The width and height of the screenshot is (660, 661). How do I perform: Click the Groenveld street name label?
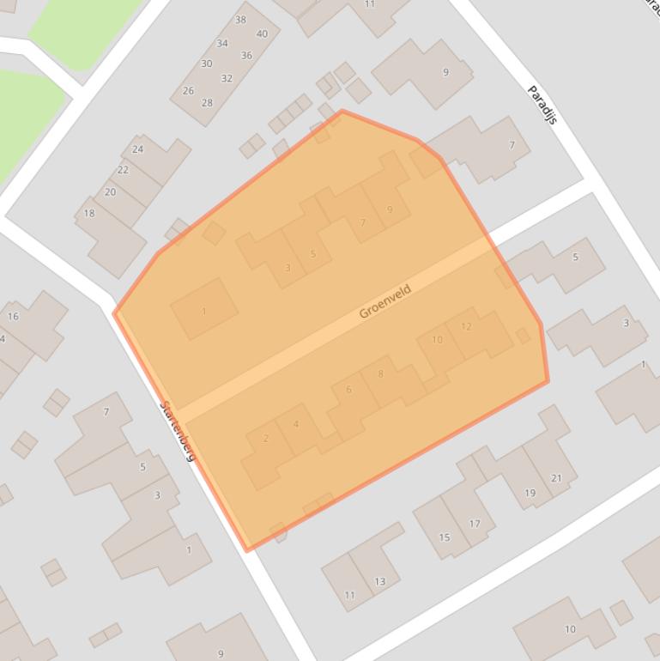(x=384, y=301)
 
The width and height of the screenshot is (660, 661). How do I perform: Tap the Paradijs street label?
(x=542, y=104)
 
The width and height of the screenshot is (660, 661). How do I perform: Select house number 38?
(x=240, y=20)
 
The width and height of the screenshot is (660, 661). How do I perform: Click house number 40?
(x=262, y=34)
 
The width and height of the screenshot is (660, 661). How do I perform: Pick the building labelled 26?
(x=188, y=90)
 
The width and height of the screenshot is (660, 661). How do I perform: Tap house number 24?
(x=137, y=149)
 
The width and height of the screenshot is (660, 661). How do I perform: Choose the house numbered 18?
(x=89, y=213)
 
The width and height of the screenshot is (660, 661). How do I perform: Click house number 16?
(x=13, y=317)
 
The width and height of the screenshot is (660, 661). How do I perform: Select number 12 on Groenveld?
(x=466, y=326)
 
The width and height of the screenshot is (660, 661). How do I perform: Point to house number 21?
(x=556, y=478)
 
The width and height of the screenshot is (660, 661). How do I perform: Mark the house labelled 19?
(x=530, y=493)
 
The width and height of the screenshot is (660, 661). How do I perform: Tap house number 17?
(x=475, y=524)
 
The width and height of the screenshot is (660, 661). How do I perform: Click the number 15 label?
(x=445, y=537)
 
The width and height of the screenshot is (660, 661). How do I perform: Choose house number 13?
(x=379, y=581)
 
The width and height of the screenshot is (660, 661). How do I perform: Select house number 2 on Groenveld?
(x=266, y=439)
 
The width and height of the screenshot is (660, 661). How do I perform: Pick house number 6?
(x=348, y=390)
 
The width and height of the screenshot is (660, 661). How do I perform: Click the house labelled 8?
(x=380, y=373)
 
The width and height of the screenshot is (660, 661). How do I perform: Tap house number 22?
(x=123, y=170)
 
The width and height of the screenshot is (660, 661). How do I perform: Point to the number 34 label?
(x=222, y=43)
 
